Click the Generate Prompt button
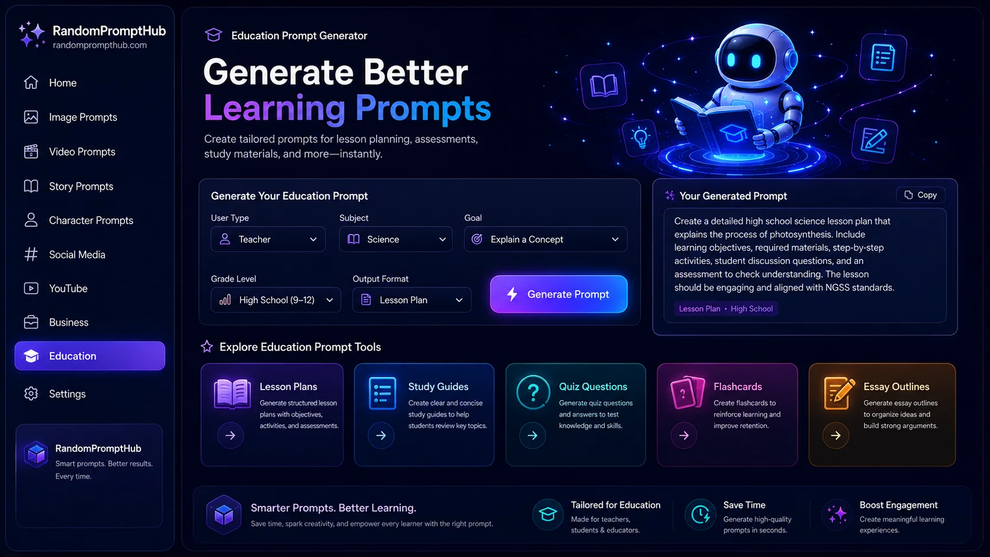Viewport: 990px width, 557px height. [x=558, y=294]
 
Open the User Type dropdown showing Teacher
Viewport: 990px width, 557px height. [x=268, y=239]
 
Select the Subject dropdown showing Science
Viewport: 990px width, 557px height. [x=396, y=239]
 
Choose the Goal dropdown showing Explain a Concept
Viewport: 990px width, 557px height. [x=545, y=239]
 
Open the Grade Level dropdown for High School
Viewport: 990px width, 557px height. [x=276, y=300]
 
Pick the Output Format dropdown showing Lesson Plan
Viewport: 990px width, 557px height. [x=412, y=300]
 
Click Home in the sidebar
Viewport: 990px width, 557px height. [x=63, y=83]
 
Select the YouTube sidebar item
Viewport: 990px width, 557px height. [x=68, y=288]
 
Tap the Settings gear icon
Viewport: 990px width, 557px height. [x=31, y=394]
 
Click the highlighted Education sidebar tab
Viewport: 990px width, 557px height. [x=90, y=356]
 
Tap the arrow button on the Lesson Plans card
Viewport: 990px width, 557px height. [x=230, y=436]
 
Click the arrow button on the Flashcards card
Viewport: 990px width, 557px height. [x=684, y=436]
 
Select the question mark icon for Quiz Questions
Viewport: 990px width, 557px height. [x=533, y=392]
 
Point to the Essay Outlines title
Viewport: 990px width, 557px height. [x=896, y=387]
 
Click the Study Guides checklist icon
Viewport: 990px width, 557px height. [x=382, y=393]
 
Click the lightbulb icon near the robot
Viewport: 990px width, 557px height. [x=641, y=137]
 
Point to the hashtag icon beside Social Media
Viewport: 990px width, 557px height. [x=31, y=255]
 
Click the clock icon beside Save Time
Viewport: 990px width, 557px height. [x=700, y=514]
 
